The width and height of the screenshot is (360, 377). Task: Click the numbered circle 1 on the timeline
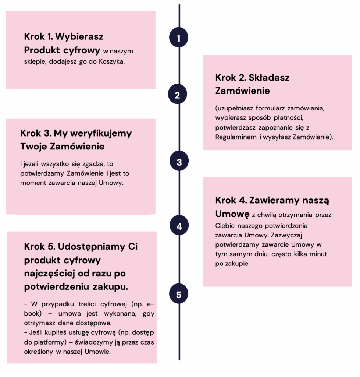(x=179, y=38)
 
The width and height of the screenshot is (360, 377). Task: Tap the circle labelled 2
(x=178, y=95)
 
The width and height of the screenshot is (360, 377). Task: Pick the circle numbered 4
(x=179, y=226)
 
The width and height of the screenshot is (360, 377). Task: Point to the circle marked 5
(x=179, y=295)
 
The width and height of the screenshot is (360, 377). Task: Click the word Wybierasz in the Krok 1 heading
(x=79, y=37)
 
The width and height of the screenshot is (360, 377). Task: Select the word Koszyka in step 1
(x=112, y=61)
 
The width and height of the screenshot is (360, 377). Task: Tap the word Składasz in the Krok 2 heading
(x=269, y=78)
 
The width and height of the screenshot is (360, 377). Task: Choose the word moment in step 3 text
(x=32, y=183)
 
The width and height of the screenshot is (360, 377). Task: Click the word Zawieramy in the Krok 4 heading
(x=275, y=201)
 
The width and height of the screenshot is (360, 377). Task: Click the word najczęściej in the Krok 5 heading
(x=47, y=274)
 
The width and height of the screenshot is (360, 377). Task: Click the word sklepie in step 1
(x=33, y=61)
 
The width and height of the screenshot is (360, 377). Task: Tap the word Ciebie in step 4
(x=225, y=225)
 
